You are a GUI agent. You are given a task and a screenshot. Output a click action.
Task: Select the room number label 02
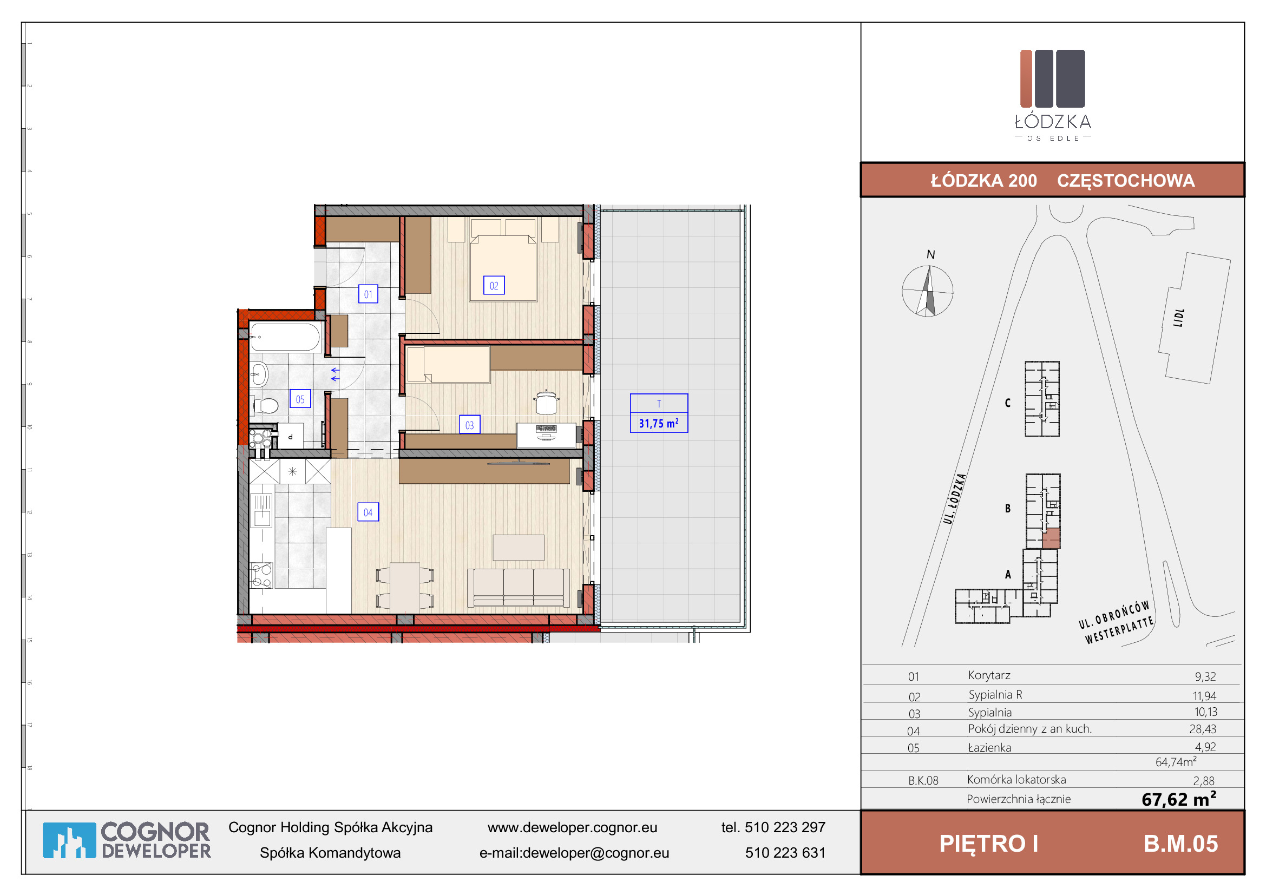(x=494, y=286)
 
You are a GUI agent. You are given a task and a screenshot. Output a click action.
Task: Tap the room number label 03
(x=469, y=425)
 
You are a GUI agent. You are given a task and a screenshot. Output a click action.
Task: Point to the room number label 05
(x=300, y=399)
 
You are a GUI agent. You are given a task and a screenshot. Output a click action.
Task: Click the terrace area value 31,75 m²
(x=658, y=423)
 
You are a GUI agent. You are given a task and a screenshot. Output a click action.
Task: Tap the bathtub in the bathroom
(x=285, y=337)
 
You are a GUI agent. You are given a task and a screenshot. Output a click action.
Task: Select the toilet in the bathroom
(x=266, y=406)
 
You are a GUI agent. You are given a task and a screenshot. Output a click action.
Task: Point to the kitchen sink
(x=261, y=510)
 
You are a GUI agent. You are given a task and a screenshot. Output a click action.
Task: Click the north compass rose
(x=928, y=291)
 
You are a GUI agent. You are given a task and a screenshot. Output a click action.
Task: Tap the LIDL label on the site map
(x=1179, y=318)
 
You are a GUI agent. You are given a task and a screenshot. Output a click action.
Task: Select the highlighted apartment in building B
(x=1051, y=538)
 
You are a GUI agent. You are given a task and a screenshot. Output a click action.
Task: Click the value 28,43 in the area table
(x=1203, y=729)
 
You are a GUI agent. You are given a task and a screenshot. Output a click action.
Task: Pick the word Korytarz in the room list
(x=989, y=676)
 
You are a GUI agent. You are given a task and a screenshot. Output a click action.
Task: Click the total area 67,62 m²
(x=1179, y=799)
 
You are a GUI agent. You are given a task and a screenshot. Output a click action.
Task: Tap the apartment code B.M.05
(x=1180, y=844)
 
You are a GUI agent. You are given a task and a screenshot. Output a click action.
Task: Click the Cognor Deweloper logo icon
(x=69, y=840)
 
